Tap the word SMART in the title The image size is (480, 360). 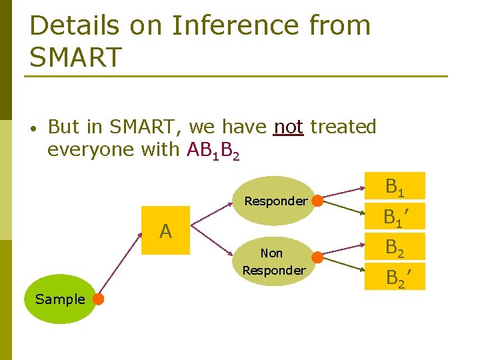[76, 57]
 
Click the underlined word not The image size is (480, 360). [288, 127]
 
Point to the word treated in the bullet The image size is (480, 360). [343, 127]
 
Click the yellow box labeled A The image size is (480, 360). [166, 231]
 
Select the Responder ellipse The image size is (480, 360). [275, 200]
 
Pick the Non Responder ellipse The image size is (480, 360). [273, 261]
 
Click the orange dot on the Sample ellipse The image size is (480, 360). [98, 299]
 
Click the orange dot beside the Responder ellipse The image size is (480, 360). [318, 200]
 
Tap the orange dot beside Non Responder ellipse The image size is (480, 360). [318, 257]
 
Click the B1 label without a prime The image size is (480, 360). [394, 188]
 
